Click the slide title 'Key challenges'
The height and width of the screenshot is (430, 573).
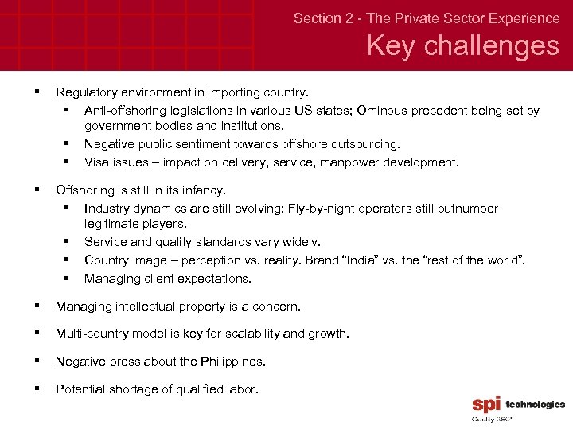462,45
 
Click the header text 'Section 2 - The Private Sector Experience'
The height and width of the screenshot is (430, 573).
427,18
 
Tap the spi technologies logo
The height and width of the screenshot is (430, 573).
518,406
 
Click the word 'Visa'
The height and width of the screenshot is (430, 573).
97,162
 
